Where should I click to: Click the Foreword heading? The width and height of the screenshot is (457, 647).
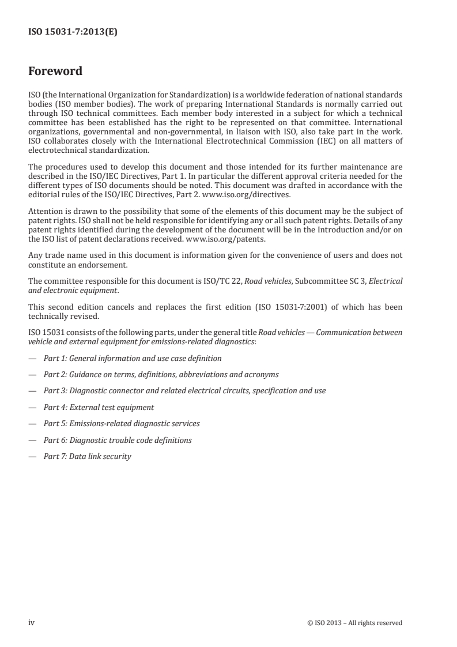(x=55, y=72)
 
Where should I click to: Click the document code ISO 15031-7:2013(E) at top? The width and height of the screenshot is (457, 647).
(x=73, y=33)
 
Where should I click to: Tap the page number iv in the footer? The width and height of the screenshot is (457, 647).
(x=31, y=622)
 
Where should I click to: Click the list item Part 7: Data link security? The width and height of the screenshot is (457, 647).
(x=88, y=456)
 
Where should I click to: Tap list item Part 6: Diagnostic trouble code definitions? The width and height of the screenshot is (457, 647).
(x=118, y=440)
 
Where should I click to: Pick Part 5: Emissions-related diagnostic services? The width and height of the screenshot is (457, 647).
(x=122, y=423)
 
